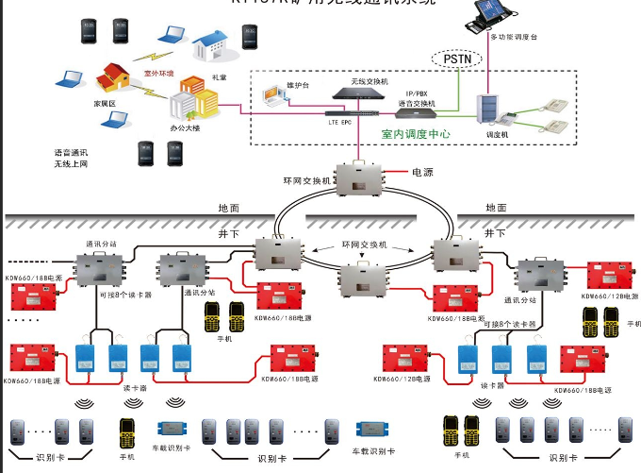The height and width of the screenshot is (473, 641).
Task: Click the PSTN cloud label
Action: pyautogui.click(x=458, y=59)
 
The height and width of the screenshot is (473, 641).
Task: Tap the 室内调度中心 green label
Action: pyautogui.click(x=415, y=135)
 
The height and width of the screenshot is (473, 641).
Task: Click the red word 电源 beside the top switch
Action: pyautogui.click(x=422, y=174)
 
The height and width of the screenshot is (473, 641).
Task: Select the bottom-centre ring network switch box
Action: pyautogui.click(x=362, y=280)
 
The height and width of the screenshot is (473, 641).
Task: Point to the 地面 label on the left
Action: pyautogui.click(x=229, y=208)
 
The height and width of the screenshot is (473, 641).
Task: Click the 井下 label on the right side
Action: pyautogui.click(x=493, y=231)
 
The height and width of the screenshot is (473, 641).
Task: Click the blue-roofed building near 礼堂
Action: pyautogui.click(x=214, y=44)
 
